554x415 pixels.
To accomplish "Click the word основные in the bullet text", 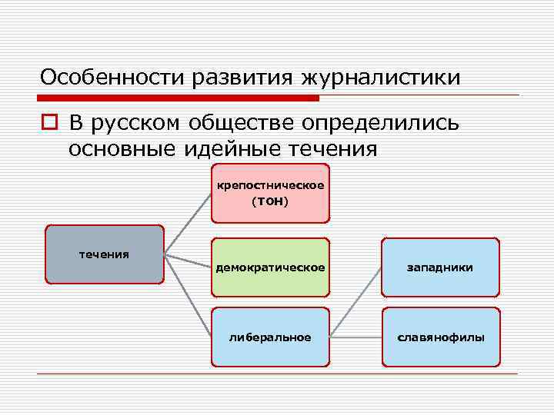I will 123,148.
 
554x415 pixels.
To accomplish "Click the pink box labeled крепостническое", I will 270,192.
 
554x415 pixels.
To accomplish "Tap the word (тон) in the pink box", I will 270,201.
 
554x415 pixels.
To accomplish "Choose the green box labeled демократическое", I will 270,267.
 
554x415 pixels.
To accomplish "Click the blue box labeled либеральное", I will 270,337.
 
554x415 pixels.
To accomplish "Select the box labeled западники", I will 441,267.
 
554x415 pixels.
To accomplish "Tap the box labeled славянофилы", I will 441,337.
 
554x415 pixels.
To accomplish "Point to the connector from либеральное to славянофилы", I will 355,337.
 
